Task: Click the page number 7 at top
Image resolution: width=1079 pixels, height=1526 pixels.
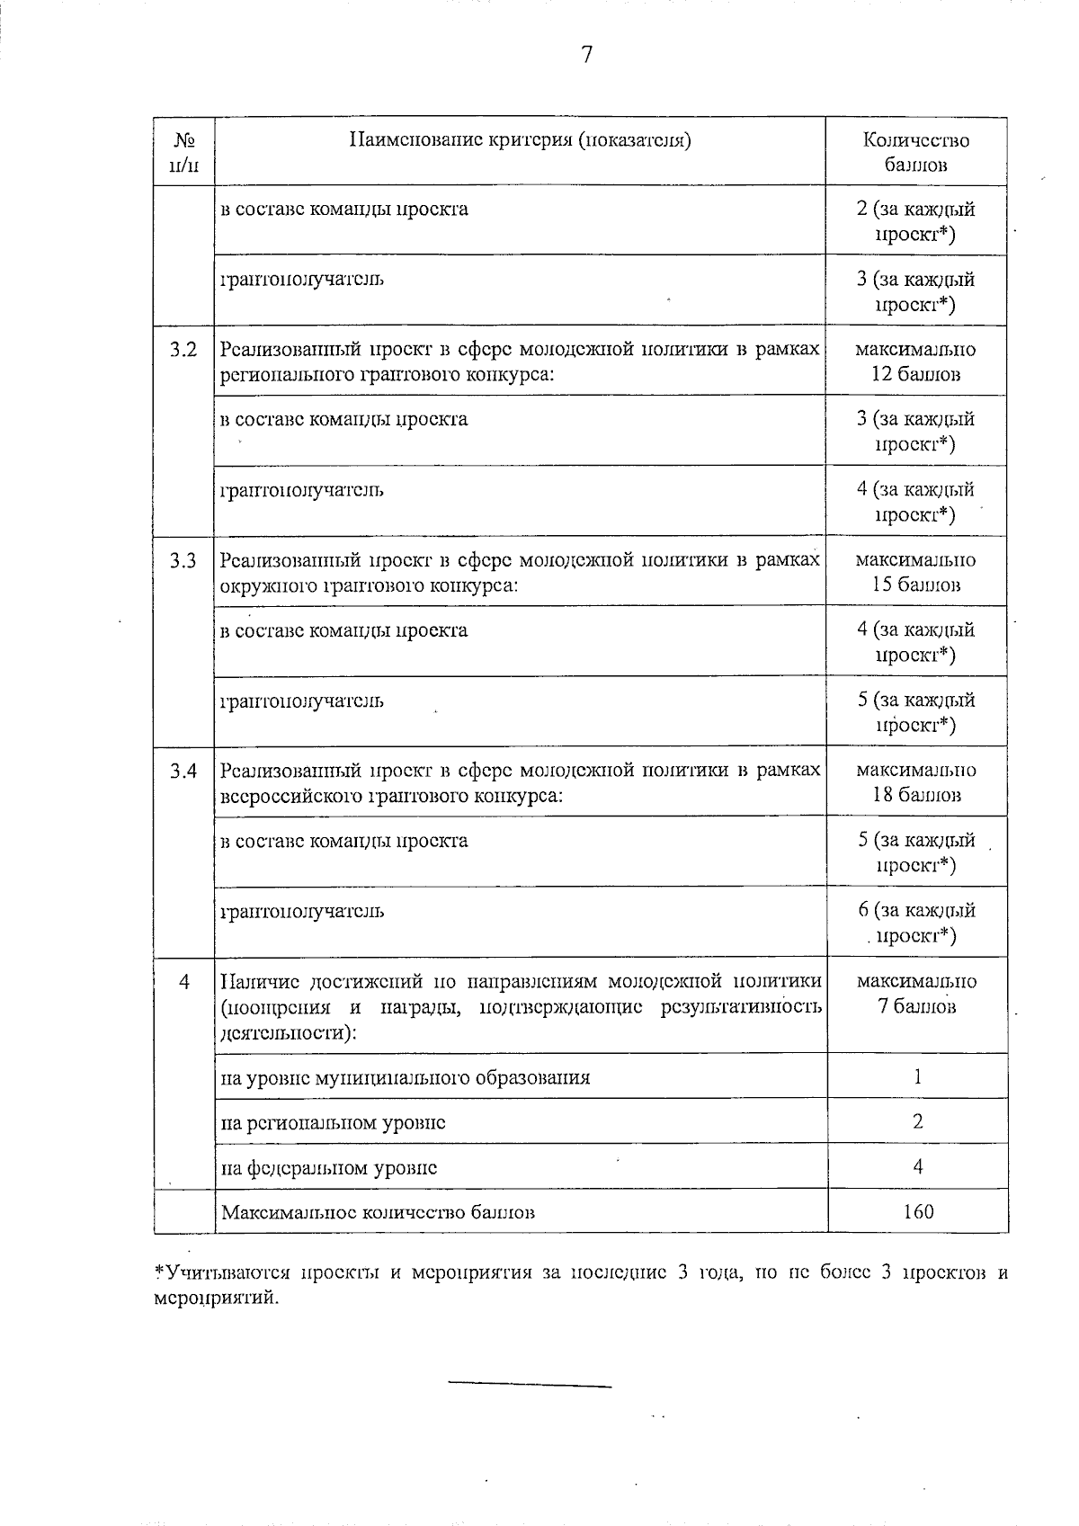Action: tap(586, 56)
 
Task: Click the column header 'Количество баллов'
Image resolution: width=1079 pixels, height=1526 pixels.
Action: tap(915, 152)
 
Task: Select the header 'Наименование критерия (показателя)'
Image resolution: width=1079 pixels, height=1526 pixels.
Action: tap(520, 140)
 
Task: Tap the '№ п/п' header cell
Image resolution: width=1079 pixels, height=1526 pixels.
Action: tap(183, 152)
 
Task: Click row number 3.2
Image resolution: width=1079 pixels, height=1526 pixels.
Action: tap(183, 350)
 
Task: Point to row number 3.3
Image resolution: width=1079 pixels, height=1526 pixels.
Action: tap(183, 560)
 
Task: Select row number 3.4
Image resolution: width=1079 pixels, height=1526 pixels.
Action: tap(183, 771)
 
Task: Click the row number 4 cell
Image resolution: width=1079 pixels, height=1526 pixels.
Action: tap(183, 981)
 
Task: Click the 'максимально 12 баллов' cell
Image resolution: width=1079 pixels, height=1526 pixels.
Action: tap(915, 361)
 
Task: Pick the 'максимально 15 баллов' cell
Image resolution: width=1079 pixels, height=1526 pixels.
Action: tap(915, 572)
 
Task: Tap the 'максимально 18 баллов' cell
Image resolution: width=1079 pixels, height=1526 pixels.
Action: tap(915, 782)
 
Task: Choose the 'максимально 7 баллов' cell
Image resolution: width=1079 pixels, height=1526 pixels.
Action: tap(915, 993)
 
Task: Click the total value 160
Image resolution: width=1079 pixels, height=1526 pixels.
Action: tap(918, 1211)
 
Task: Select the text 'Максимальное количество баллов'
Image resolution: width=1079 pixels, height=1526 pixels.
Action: tap(378, 1211)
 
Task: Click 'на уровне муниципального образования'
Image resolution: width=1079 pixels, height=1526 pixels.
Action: tap(406, 1077)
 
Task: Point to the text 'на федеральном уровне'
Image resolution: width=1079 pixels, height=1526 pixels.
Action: tap(329, 1168)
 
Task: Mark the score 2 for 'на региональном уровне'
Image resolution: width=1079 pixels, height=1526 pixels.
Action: tap(917, 1121)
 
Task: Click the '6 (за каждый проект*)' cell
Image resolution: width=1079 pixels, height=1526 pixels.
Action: tap(915, 923)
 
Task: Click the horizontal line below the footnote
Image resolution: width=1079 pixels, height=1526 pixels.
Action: tap(530, 1386)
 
